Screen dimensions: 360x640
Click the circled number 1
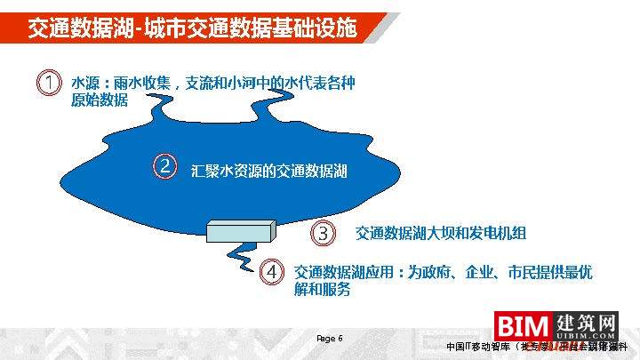(x=48, y=83)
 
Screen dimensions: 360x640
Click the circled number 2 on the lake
(x=164, y=165)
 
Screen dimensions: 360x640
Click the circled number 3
(x=324, y=234)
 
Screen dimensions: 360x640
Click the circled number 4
(x=273, y=272)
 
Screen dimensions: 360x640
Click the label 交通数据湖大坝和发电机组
(x=441, y=234)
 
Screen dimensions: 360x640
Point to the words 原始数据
(x=100, y=100)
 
